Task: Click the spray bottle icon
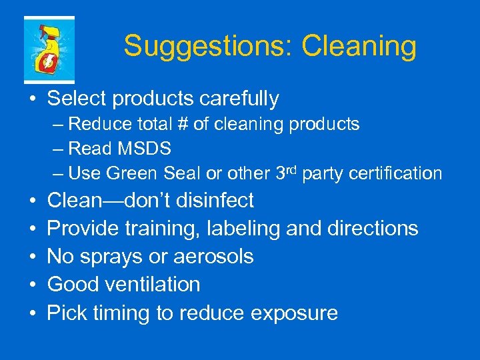(49, 50)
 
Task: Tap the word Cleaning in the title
(359, 47)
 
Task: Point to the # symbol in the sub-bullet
(183, 124)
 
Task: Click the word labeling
(243, 229)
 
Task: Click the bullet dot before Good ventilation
(32, 285)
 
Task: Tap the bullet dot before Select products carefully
(32, 99)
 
